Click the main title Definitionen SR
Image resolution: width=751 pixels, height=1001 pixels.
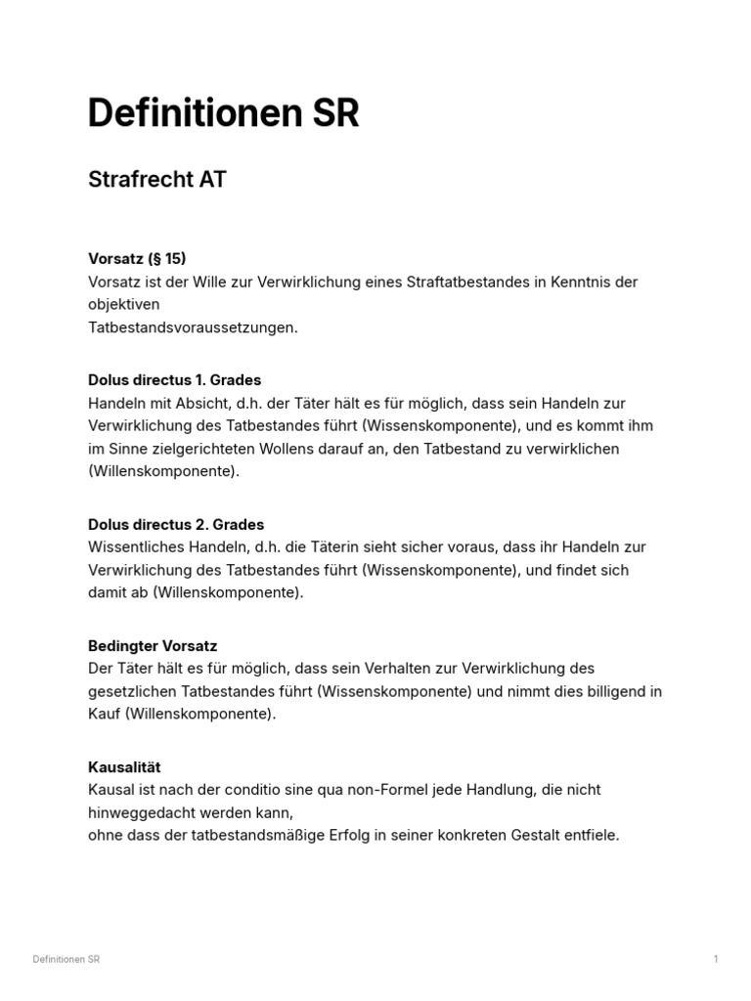[223, 114]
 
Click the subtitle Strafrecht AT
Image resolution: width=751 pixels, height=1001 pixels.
[156, 180]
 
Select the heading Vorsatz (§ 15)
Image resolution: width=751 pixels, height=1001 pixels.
[137, 259]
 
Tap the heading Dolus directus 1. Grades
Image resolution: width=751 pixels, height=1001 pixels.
[174, 379]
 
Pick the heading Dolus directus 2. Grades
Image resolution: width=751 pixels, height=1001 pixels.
[176, 524]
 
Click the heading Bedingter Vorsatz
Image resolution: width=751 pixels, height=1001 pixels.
[153, 645]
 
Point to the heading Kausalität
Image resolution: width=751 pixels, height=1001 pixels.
[124, 766]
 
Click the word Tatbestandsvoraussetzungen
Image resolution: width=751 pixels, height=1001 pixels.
[193, 327]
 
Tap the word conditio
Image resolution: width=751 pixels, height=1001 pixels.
[261, 789]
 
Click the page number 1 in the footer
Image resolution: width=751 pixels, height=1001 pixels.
[716, 959]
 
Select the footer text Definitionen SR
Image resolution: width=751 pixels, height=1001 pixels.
[66, 959]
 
